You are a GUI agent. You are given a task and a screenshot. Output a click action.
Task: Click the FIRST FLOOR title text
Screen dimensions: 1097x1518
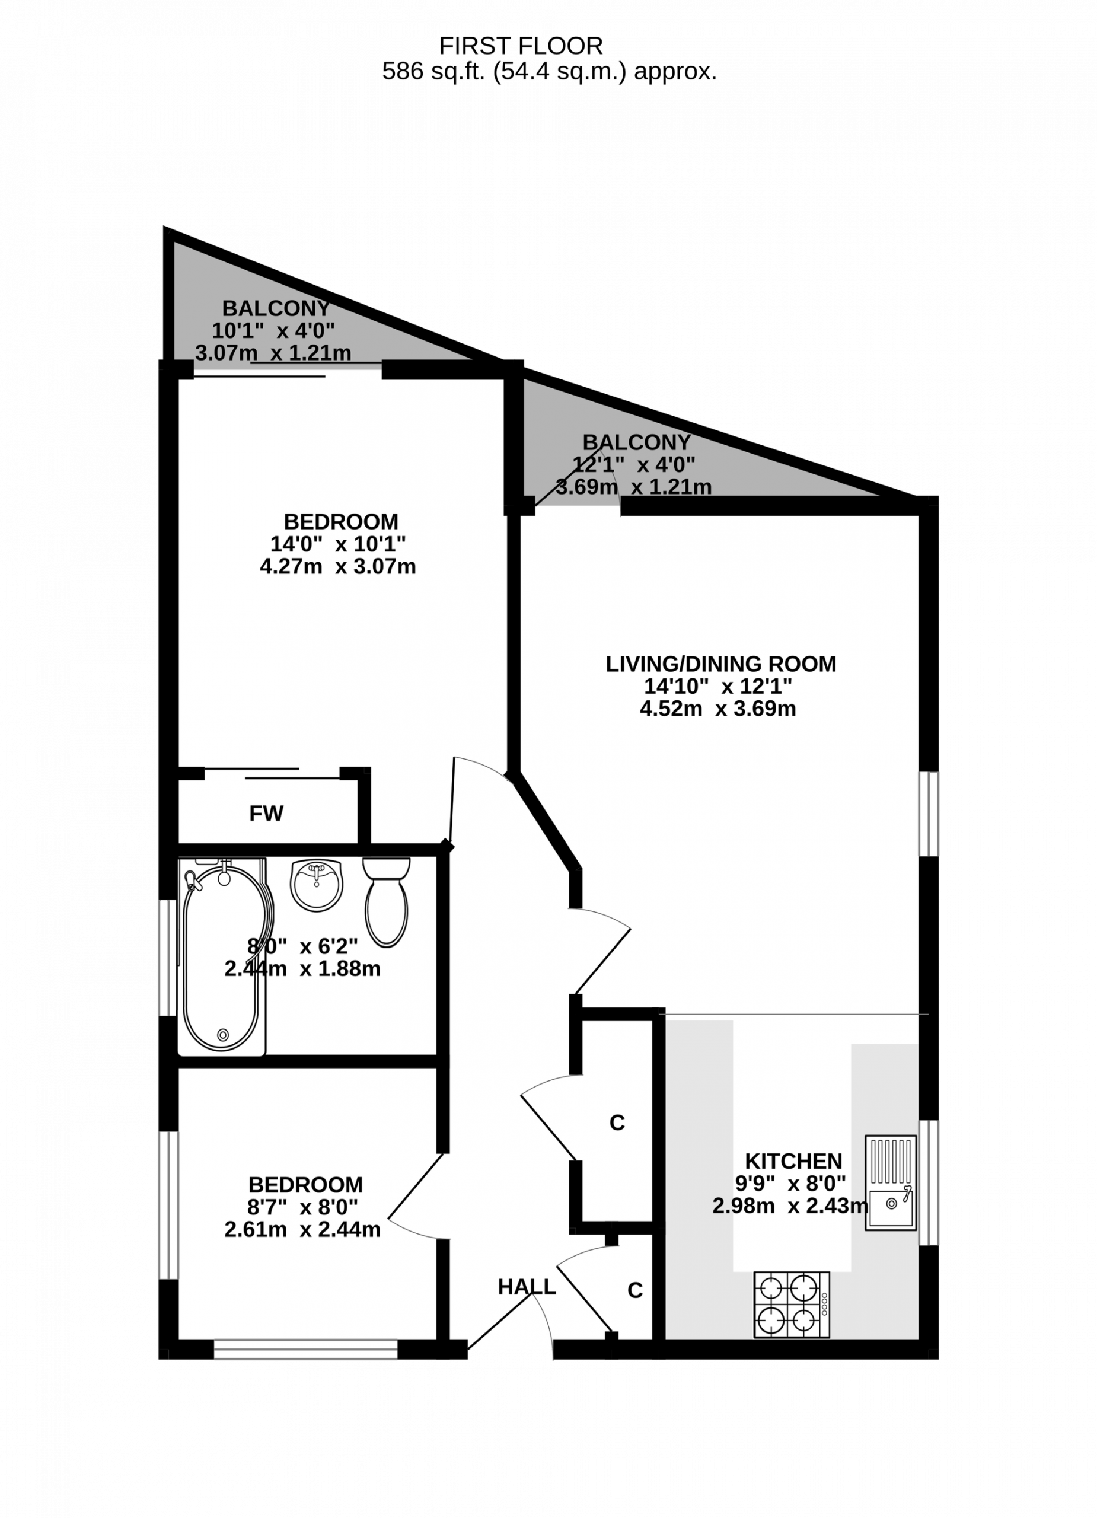click(x=521, y=46)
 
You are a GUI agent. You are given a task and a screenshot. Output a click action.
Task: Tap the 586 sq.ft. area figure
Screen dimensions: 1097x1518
click(x=433, y=71)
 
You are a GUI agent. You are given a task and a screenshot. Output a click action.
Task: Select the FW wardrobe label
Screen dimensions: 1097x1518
click(x=266, y=813)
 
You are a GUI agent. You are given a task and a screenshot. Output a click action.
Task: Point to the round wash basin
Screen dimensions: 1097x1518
click(x=317, y=885)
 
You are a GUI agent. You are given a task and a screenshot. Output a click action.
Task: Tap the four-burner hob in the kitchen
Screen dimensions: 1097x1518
click(x=792, y=1305)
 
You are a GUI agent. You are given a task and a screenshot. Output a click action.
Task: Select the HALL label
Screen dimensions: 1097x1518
click(x=527, y=1286)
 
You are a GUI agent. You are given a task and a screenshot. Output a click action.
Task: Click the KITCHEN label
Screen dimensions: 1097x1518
click(x=793, y=1160)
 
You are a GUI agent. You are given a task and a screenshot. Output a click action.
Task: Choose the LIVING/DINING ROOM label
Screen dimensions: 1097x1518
click(x=721, y=664)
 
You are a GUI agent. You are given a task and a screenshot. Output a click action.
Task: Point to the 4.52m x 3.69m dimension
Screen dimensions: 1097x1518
click(x=718, y=708)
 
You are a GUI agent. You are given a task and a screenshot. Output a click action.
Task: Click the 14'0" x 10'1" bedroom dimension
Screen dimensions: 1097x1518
click(x=338, y=544)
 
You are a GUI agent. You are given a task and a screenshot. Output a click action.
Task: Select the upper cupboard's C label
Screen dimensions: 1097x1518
click(x=617, y=1122)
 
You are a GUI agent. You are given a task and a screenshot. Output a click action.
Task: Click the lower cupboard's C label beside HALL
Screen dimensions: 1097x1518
click(x=635, y=1290)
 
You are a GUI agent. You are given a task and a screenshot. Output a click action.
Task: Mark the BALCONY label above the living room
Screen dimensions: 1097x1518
click(x=636, y=442)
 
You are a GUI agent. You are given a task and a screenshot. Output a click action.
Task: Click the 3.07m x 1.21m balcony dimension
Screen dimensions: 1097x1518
click(x=273, y=353)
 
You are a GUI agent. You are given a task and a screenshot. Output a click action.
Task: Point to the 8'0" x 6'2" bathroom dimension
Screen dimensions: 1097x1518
click(x=302, y=946)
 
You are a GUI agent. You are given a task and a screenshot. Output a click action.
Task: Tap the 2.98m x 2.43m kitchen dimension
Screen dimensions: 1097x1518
click(x=790, y=1206)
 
